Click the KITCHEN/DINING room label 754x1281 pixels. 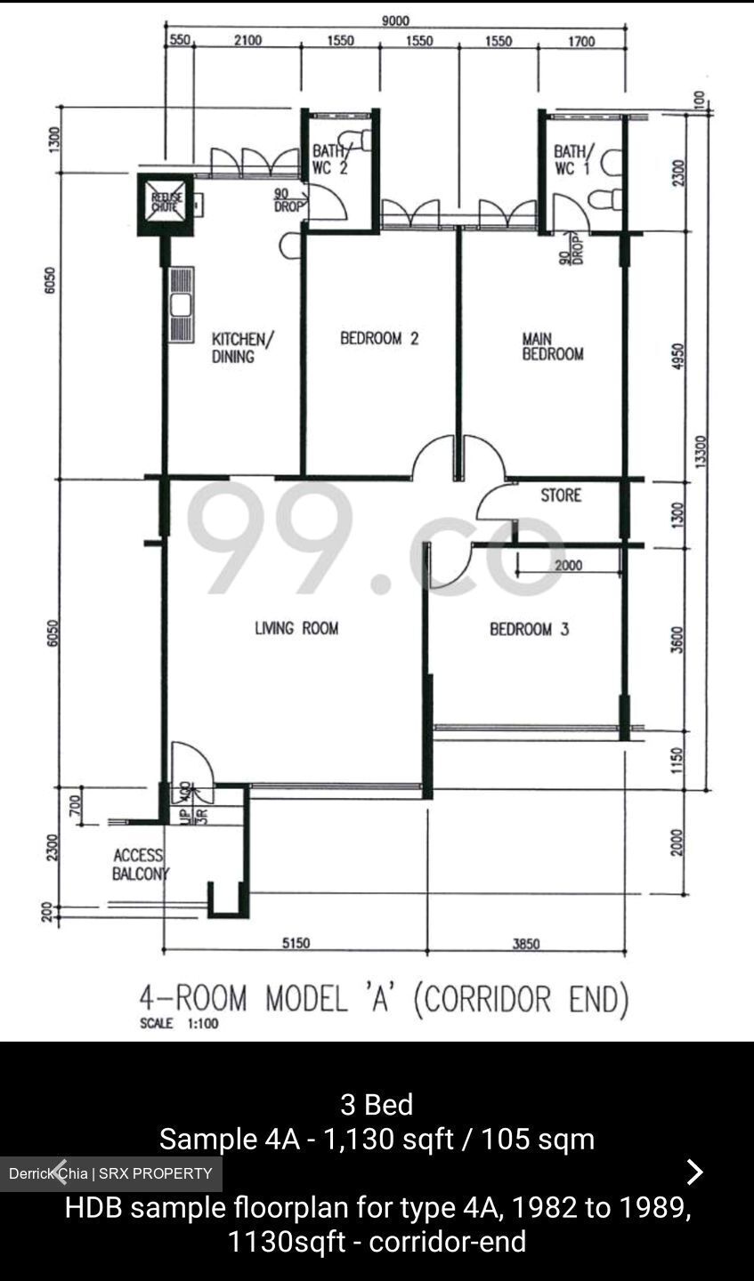click(242, 348)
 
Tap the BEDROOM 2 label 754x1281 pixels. click(379, 338)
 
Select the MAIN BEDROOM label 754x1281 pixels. click(552, 346)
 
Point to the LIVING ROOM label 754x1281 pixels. click(296, 628)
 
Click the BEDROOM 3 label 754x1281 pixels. click(529, 629)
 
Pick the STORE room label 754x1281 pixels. click(561, 495)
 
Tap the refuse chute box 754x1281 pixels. click(166, 205)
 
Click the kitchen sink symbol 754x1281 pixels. click(182, 304)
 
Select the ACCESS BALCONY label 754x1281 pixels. click(139, 865)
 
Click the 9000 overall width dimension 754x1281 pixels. click(395, 21)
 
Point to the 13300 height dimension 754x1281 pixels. click(701, 450)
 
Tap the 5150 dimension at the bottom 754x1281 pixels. click(296, 943)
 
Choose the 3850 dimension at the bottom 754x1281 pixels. click(525, 943)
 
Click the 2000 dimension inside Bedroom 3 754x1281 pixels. click(568, 566)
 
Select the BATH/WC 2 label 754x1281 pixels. click(329, 159)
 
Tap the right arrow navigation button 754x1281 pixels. click(694, 1172)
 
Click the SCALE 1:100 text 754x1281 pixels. click(179, 1024)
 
